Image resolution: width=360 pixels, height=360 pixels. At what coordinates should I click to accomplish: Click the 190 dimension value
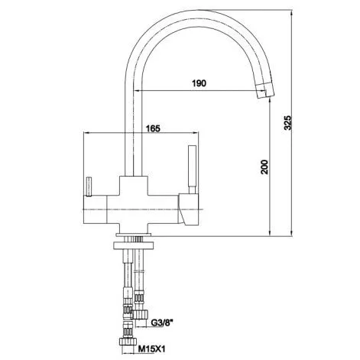[199, 83]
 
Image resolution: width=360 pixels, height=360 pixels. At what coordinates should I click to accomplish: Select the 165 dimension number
[153, 128]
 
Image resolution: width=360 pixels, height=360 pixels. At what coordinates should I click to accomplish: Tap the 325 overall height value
[287, 122]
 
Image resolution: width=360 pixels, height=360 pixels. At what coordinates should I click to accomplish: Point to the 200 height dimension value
[265, 167]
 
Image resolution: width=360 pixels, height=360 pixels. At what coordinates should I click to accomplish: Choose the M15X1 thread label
[152, 349]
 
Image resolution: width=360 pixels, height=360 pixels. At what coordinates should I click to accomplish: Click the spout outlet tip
[265, 92]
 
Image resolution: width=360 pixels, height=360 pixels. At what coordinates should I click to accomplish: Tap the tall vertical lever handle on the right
[192, 169]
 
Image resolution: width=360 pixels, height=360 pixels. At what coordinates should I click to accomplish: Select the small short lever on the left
[89, 186]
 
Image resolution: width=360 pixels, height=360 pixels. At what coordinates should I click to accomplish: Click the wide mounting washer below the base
[133, 245]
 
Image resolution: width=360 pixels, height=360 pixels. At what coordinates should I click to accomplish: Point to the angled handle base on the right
[189, 209]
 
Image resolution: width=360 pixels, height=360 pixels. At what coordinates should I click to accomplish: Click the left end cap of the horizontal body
[95, 210]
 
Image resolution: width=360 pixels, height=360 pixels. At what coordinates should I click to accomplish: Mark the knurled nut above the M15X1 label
[128, 341]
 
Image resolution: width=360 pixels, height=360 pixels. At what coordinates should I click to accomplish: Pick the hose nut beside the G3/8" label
[140, 314]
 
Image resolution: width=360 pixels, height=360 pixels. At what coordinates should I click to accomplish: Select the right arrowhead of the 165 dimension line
[196, 132]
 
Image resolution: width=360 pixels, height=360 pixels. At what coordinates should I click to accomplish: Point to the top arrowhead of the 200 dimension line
[270, 100]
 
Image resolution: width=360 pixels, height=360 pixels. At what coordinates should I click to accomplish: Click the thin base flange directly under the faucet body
[133, 235]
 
